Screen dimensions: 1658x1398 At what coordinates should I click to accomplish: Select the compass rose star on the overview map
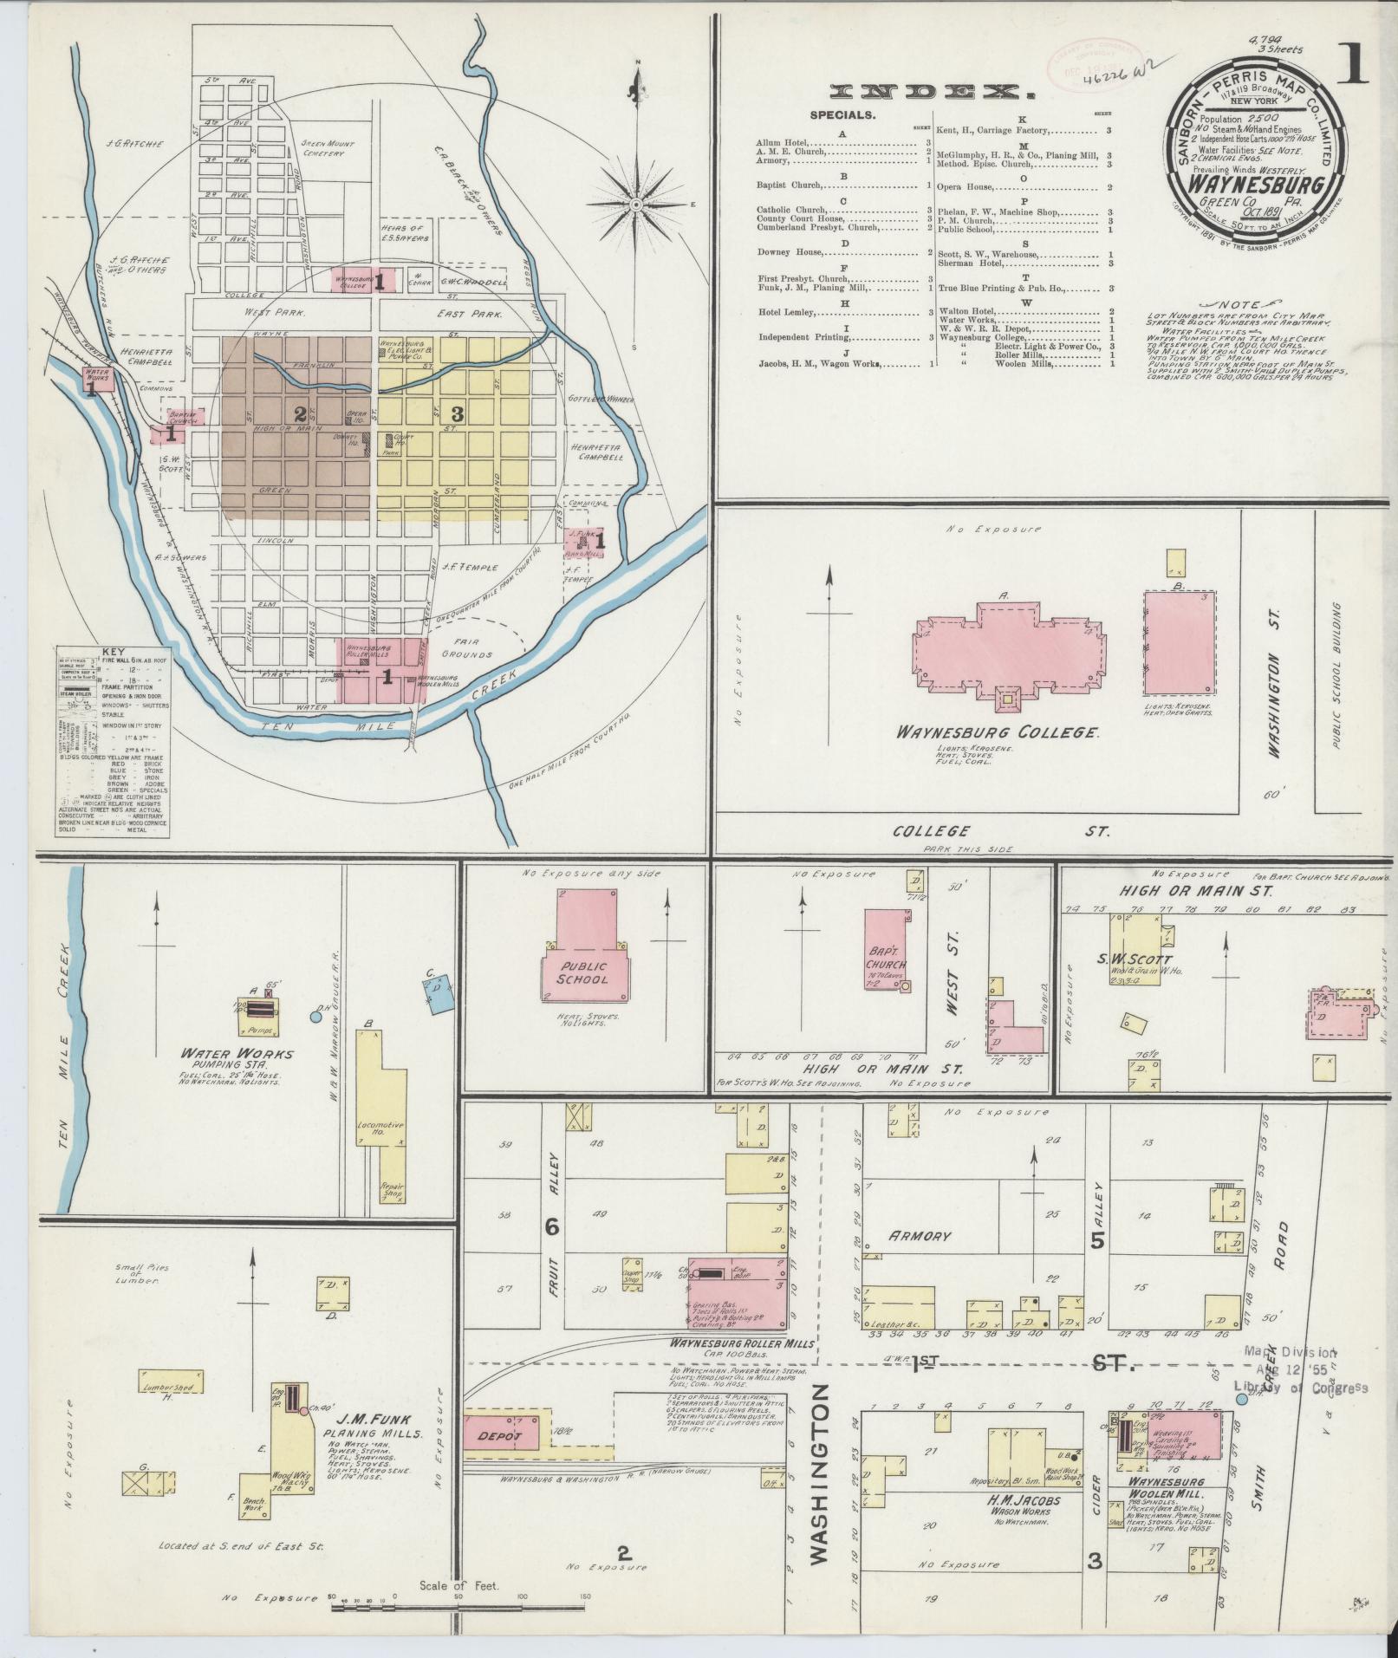pos(635,205)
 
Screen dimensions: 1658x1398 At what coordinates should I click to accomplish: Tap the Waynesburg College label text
pos(998,732)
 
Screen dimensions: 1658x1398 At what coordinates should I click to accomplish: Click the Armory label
pos(920,1237)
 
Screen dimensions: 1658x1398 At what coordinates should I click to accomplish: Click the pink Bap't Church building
pos(886,952)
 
